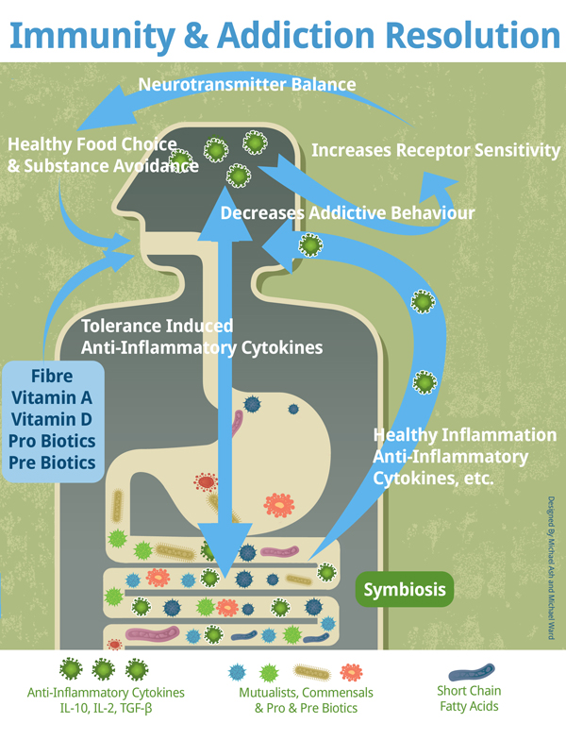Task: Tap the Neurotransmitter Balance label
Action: pos(247,85)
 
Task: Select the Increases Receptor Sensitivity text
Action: pos(436,150)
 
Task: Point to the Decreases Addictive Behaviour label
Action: pos(347,213)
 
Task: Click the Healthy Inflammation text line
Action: pos(465,436)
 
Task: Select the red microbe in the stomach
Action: pos(206,483)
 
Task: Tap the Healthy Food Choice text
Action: pos(92,144)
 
